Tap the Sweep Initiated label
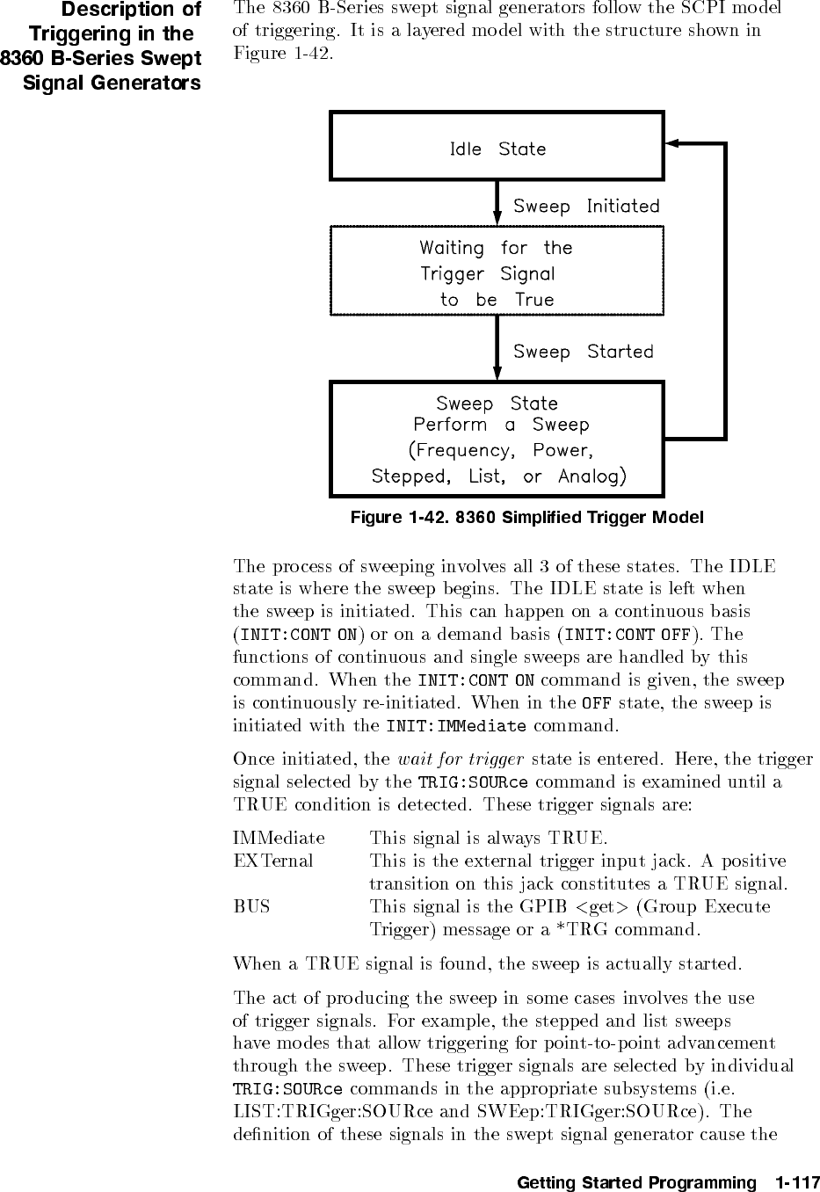[586, 207]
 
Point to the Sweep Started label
[584, 353]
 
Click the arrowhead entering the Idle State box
[671, 142]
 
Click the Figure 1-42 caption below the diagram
[527, 517]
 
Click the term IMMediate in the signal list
[279, 838]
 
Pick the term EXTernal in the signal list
[273, 861]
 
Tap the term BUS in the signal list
[252, 906]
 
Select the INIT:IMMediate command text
[456, 726]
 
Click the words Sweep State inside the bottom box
[497, 403]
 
